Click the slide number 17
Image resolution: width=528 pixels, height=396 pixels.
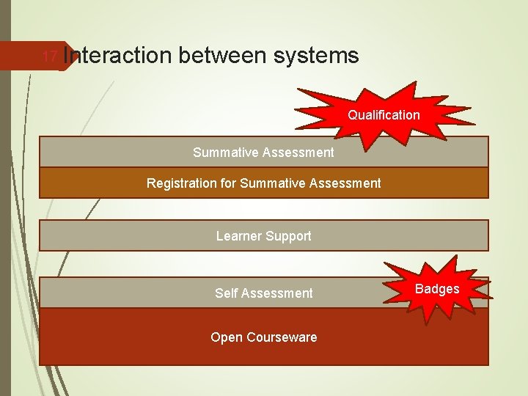pyautogui.click(x=49, y=56)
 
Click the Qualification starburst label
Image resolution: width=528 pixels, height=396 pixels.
pyautogui.click(x=384, y=115)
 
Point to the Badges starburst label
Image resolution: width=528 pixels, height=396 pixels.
pyautogui.click(x=437, y=289)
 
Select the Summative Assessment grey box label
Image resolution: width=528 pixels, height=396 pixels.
pyautogui.click(x=263, y=153)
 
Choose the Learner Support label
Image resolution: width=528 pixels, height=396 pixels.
pyautogui.click(x=263, y=236)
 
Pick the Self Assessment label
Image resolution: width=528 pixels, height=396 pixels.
pyautogui.click(x=263, y=293)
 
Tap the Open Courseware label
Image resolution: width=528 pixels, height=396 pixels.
pyautogui.click(x=263, y=337)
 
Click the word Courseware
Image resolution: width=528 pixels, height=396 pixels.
pyautogui.click(x=280, y=337)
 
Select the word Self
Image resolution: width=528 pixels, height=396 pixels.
pyautogui.click(x=226, y=293)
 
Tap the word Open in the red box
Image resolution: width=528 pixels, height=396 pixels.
pyautogui.click(x=225, y=337)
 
